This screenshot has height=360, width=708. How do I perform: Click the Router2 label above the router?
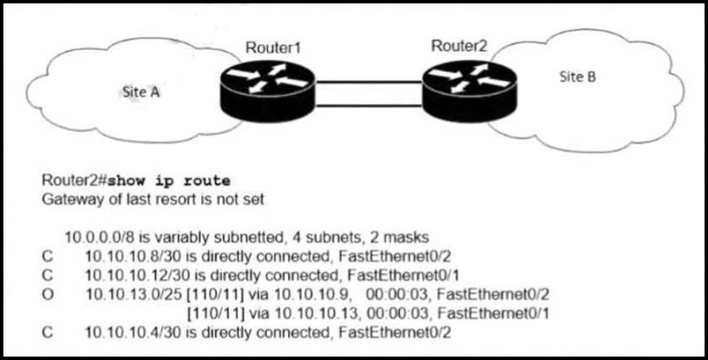pos(459,46)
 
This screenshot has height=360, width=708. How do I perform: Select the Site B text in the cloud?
pos(578,77)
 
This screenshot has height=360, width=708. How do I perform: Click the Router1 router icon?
pos(267,90)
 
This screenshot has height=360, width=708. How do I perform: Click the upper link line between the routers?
pos(369,83)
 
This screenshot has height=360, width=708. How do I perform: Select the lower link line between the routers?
pos(369,106)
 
